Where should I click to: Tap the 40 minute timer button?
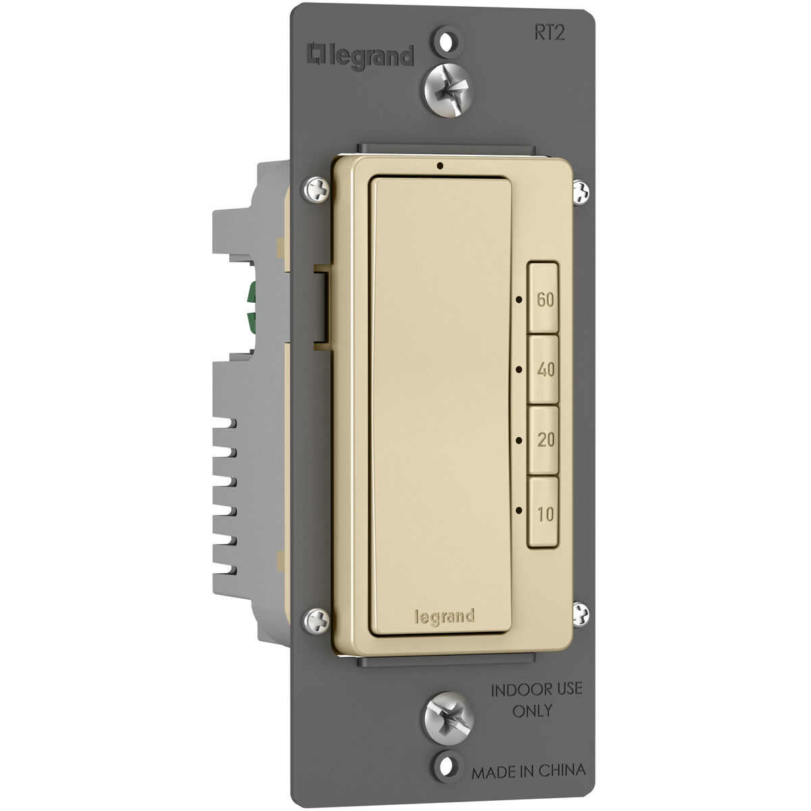tap(543, 369)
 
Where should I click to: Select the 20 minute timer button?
tap(543, 440)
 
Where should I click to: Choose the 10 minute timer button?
tap(543, 512)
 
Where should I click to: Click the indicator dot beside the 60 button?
tap(519, 299)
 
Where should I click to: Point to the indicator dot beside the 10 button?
tap(519, 510)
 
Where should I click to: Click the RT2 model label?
tap(549, 33)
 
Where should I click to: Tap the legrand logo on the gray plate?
tap(360, 56)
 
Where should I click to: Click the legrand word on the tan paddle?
tap(445, 617)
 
